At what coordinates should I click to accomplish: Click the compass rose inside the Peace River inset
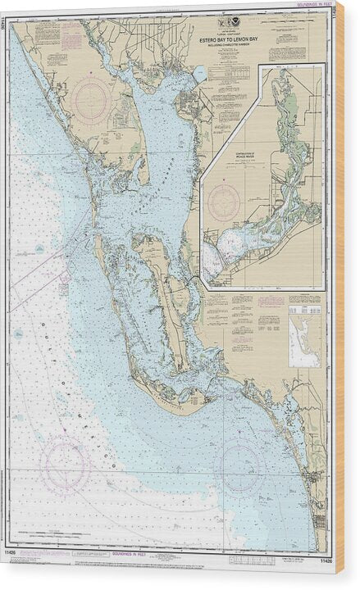[224, 200]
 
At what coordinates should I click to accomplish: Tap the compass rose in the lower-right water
[242, 466]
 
